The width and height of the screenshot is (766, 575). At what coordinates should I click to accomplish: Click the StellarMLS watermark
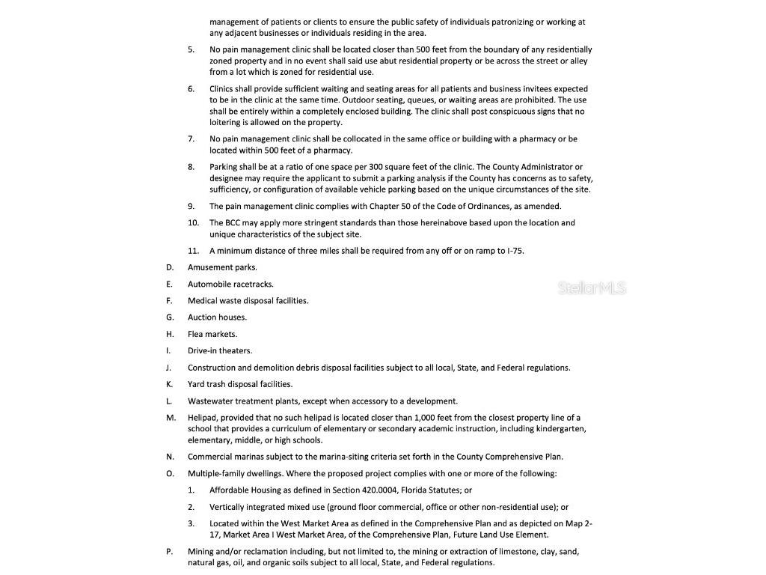tap(592, 288)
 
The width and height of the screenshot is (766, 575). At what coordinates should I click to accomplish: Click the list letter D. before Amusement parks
tap(170, 267)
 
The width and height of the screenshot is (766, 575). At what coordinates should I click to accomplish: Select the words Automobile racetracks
tap(230, 285)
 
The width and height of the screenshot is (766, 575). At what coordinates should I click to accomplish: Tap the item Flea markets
tap(212, 334)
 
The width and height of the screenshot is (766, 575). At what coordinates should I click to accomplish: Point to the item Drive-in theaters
tap(220, 350)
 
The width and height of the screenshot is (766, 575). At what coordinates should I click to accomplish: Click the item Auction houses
tap(217, 317)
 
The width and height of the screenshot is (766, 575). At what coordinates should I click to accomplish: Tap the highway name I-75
tap(515, 251)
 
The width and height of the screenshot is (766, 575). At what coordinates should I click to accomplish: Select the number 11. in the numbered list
tap(193, 251)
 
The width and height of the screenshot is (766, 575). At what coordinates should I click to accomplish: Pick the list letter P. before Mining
tap(170, 552)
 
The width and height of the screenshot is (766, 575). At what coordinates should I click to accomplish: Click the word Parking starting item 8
tap(224, 167)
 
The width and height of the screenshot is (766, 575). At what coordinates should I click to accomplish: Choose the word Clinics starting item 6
tap(222, 89)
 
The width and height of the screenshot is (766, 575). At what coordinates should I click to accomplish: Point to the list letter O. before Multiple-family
tap(171, 474)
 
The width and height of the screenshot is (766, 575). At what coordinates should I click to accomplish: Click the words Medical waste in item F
tap(214, 301)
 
